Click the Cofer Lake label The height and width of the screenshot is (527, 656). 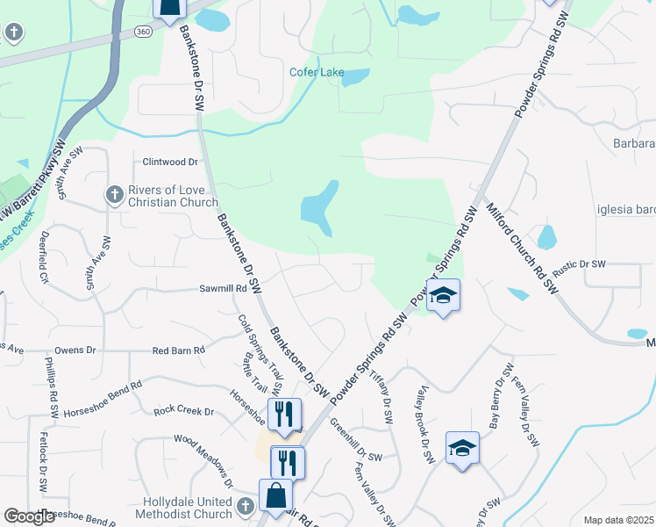317,72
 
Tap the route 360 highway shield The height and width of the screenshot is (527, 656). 144,31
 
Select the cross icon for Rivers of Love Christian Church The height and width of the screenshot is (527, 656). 114,195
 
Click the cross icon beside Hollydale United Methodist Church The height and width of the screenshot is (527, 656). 245,506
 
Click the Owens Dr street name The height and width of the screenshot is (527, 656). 75,350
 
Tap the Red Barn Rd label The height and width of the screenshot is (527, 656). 178,350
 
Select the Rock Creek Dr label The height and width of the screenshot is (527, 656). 184,410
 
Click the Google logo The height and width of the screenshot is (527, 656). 29,517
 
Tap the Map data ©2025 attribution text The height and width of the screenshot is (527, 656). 619,520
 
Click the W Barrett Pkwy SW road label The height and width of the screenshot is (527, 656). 33,181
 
